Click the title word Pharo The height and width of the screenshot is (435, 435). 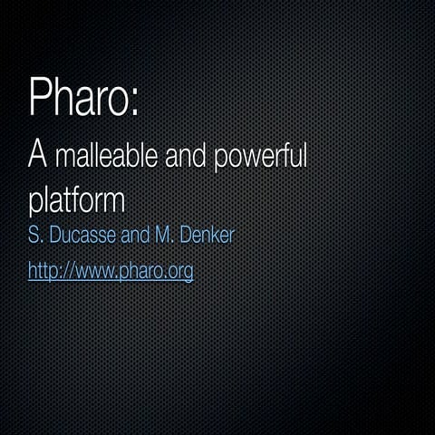coord(80,97)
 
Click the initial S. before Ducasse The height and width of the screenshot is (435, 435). coord(36,237)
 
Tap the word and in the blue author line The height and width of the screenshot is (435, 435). coord(144,237)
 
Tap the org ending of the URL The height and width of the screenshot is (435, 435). coord(180,272)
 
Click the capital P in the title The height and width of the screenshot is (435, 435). coord(41,97)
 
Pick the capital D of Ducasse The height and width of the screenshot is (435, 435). coord(55,237)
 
